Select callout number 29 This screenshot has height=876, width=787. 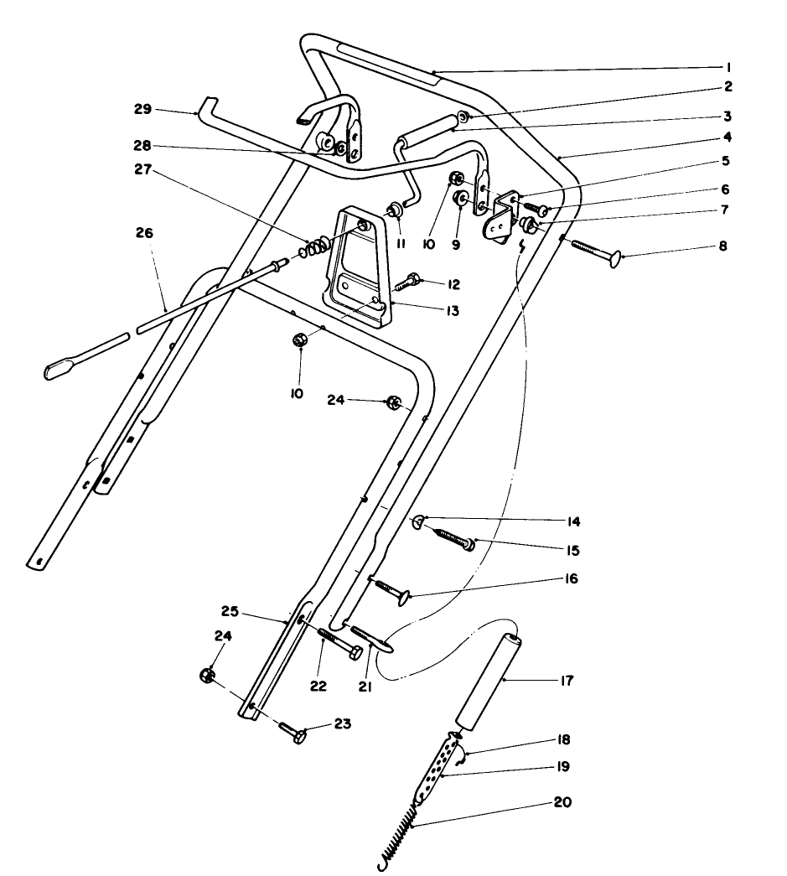(x=143, y=109)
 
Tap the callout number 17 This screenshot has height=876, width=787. (x=567, y=682)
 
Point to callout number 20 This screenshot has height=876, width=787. (x=562, y=802)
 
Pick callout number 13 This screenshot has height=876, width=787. (x=453, y=311)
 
